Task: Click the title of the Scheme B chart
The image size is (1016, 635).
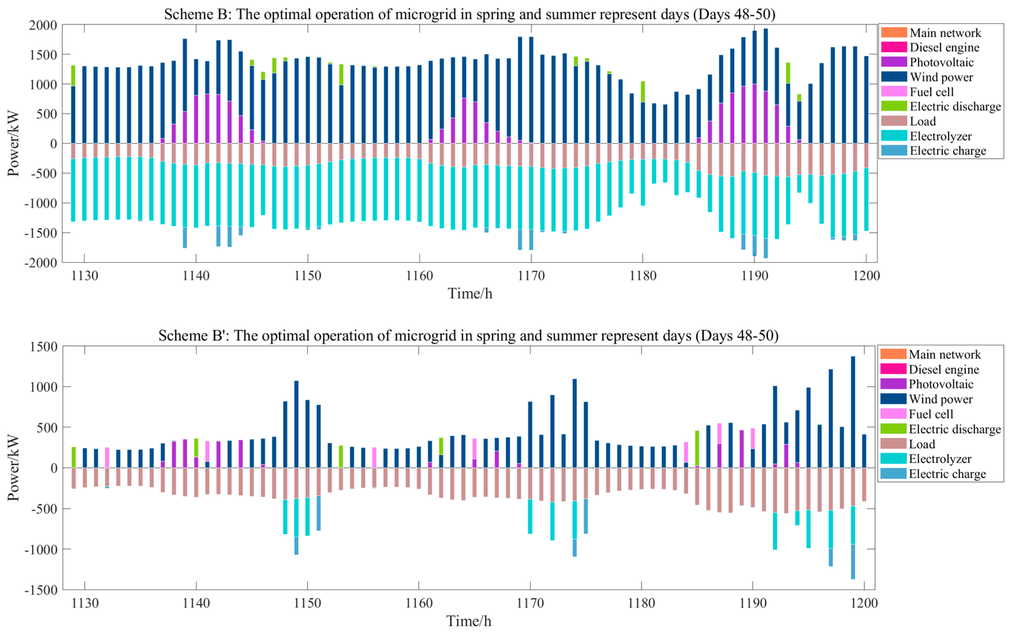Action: [x=469, y=14]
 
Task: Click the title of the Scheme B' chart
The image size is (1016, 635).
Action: [x=468, y=336]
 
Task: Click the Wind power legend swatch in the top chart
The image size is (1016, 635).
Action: [x=893, y=77]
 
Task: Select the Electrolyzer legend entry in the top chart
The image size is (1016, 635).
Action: [x=940, y=136]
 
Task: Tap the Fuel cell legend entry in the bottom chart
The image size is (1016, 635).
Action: [x=931, y=414]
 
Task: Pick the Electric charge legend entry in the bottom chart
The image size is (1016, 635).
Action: [x=947, y=474]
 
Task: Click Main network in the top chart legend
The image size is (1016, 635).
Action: [x=945, y=33]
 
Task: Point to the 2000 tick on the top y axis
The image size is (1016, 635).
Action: [x=43, y=25]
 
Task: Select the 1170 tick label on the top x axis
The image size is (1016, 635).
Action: [x=531, y=276]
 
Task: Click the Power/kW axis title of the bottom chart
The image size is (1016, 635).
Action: [x=14, y=467]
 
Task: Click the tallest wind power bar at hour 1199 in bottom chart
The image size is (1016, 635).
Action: [x=853, y=412]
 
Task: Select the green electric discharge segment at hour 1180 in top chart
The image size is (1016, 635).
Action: [x=643, y=91]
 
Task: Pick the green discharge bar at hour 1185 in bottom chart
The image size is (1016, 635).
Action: [x=697, y=448]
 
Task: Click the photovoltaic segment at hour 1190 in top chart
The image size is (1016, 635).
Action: [x=754, y=113]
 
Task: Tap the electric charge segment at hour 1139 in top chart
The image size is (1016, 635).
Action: [x=185, y=238]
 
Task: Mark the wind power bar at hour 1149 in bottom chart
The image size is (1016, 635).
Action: [x=296, y=424]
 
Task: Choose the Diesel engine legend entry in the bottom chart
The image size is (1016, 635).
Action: [x=943, y=370]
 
